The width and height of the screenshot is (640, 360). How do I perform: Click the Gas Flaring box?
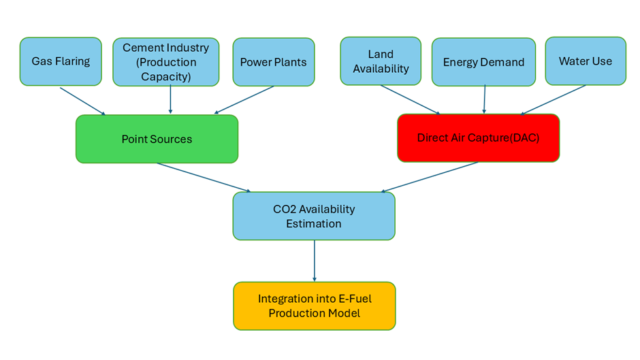point(61,61)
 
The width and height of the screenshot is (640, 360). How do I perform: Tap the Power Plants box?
point(273,62)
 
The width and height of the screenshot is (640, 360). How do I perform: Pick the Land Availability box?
point(381,61)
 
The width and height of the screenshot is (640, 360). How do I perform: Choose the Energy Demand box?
point(483,62)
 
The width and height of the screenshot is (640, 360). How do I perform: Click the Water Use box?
point(585,61)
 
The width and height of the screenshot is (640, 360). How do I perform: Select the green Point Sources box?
point(157,139)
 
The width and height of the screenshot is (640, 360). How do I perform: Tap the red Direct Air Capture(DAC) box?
point(478,137)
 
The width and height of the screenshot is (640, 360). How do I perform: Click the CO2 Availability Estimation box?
point(314,216)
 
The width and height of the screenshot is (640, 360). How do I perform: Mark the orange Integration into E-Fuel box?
point(314,306)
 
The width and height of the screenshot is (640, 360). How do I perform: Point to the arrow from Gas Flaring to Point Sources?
point(82,101)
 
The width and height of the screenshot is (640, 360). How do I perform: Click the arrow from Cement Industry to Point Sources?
point(170,99)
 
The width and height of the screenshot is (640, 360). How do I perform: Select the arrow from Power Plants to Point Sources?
point(244,99)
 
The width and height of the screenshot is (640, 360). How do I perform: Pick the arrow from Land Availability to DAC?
point(410,99)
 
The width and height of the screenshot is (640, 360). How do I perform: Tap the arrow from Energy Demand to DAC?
point(484,99)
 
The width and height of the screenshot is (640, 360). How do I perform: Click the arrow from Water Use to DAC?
point(554,99)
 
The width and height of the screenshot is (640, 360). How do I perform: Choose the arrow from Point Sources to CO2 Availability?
point(203,178)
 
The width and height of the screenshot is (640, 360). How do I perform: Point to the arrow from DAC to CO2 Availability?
point(429,177)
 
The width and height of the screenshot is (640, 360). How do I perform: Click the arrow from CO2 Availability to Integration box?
point(314,261)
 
